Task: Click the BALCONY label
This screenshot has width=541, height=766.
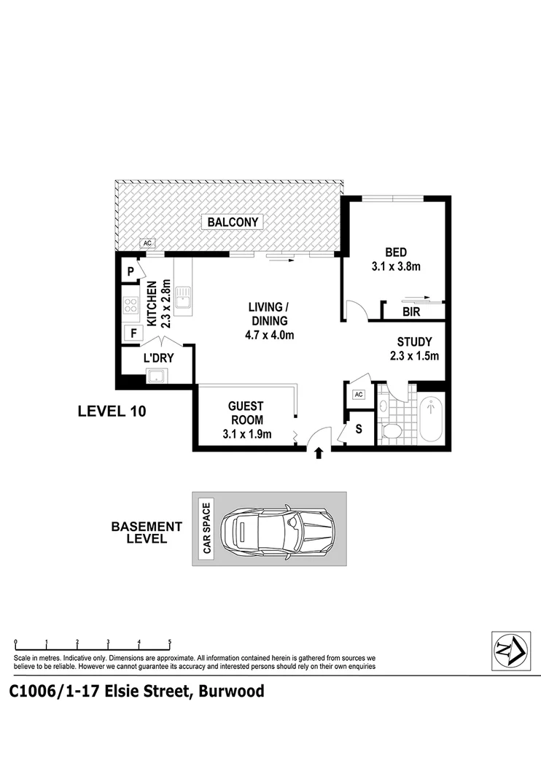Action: point(233,223)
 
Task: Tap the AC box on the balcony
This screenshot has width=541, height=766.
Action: point(147,244)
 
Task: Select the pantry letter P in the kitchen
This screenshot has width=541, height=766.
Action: point(131,271)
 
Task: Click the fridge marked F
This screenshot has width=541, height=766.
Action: point(133,334)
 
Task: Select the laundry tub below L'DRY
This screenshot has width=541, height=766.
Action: point(157,376)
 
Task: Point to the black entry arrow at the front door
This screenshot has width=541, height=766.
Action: point(317,454)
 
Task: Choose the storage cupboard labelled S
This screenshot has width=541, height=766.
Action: point(357,429)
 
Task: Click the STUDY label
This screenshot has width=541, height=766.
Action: point(414,341)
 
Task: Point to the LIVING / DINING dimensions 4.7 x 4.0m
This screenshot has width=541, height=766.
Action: point(268,336)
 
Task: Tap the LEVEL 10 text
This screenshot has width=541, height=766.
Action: point(112,411)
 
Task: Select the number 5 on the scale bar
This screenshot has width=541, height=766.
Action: point(170,642)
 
